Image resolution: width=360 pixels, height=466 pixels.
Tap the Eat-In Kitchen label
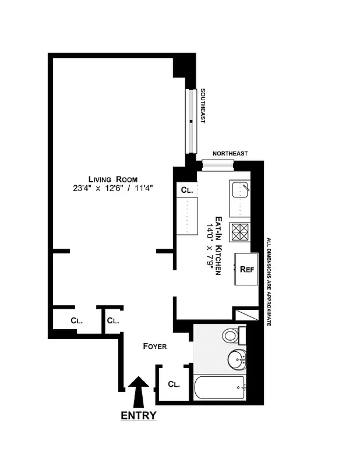219,245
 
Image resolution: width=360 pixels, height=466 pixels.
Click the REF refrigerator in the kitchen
246,269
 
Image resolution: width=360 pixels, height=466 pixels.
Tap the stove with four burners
240,232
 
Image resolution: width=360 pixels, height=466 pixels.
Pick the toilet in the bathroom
231,336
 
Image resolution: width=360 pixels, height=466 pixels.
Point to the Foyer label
155,347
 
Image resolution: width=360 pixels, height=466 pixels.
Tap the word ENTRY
139,415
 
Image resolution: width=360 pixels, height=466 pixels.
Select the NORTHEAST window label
230,153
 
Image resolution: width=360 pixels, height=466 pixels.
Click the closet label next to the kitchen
186,190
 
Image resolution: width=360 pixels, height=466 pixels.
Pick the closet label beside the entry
174,384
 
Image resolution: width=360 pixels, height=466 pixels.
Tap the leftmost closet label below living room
76,320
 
